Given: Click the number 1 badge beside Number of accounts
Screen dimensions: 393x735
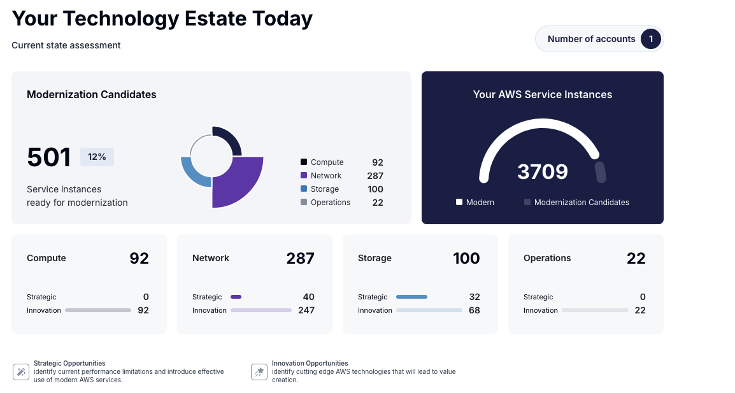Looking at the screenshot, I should point(650,39).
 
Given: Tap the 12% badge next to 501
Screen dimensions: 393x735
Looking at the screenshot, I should point(97,157).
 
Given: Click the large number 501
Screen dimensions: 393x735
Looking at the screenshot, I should point(49,157).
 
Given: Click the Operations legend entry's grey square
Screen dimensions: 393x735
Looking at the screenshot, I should point(304,203).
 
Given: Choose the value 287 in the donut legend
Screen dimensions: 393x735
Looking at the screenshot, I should point(375,176).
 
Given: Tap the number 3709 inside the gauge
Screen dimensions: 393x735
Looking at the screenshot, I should point(542,171).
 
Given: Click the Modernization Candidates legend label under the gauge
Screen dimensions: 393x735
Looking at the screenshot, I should point(582,203).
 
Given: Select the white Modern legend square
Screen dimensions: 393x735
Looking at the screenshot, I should point(459,203).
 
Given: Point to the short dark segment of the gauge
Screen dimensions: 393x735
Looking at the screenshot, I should point(600,172).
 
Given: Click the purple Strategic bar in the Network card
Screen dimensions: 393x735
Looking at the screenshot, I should point(236,297).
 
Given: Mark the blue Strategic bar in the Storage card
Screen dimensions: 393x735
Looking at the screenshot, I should point(411,297).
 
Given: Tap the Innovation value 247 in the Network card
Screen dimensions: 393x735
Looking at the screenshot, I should point(306,310).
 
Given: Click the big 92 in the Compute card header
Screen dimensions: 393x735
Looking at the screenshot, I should point(139,258).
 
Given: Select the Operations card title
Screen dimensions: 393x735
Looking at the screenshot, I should point(547,258).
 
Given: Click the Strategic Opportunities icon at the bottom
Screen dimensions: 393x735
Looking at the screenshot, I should point(21,372).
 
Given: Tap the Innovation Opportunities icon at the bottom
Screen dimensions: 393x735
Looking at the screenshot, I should point(259,372).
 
